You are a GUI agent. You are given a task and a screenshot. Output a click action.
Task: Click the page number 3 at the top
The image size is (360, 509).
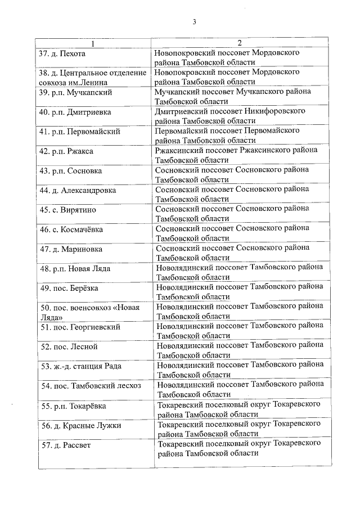[194, 22]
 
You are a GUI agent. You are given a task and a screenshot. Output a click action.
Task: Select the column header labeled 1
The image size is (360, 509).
[93, 43]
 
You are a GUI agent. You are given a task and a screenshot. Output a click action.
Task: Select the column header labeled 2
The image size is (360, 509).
[238, 43]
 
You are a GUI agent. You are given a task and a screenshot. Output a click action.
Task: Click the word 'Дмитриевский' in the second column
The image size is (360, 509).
[181, 111]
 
